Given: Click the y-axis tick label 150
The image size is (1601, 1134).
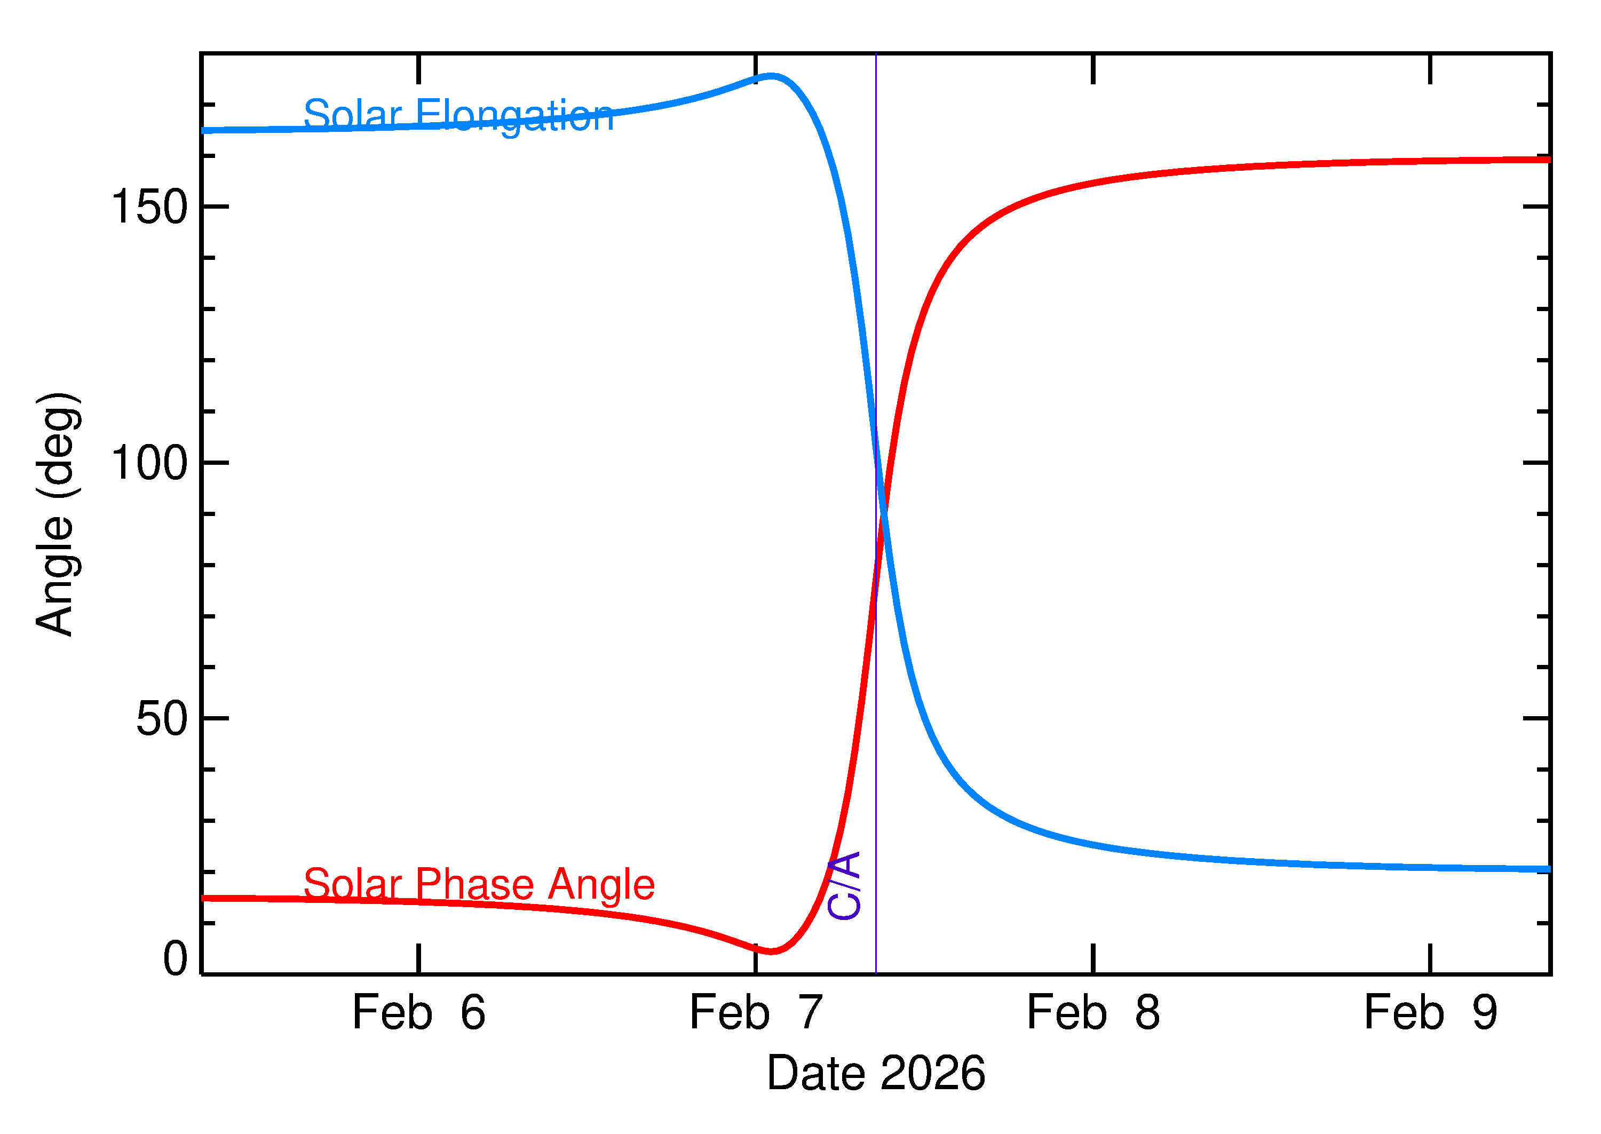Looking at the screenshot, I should tap(149, 208).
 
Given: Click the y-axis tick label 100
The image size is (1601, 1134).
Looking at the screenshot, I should tap(149, 463).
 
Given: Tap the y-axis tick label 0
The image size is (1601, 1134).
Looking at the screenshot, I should tap(175, 959).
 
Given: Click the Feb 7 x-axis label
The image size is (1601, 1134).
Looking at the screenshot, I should tap(756, 1013).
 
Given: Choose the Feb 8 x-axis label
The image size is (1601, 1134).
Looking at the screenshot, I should tap(1093, 1013).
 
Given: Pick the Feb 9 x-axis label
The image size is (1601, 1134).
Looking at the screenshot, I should tap(1431, 1013).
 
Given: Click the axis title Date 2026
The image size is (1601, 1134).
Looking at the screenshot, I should tap(876, 1074).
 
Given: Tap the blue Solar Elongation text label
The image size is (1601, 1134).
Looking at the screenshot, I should tap(459, 115).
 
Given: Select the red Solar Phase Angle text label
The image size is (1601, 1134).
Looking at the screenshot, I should tap(479, 885).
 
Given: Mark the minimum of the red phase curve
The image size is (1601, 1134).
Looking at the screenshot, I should tap(771, 951).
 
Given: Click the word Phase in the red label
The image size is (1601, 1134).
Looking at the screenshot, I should tap(475, 885).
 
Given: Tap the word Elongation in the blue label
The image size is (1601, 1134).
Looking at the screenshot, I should tap(514, 115).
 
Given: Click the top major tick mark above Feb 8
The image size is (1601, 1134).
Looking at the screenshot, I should tap(1093, 68).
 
